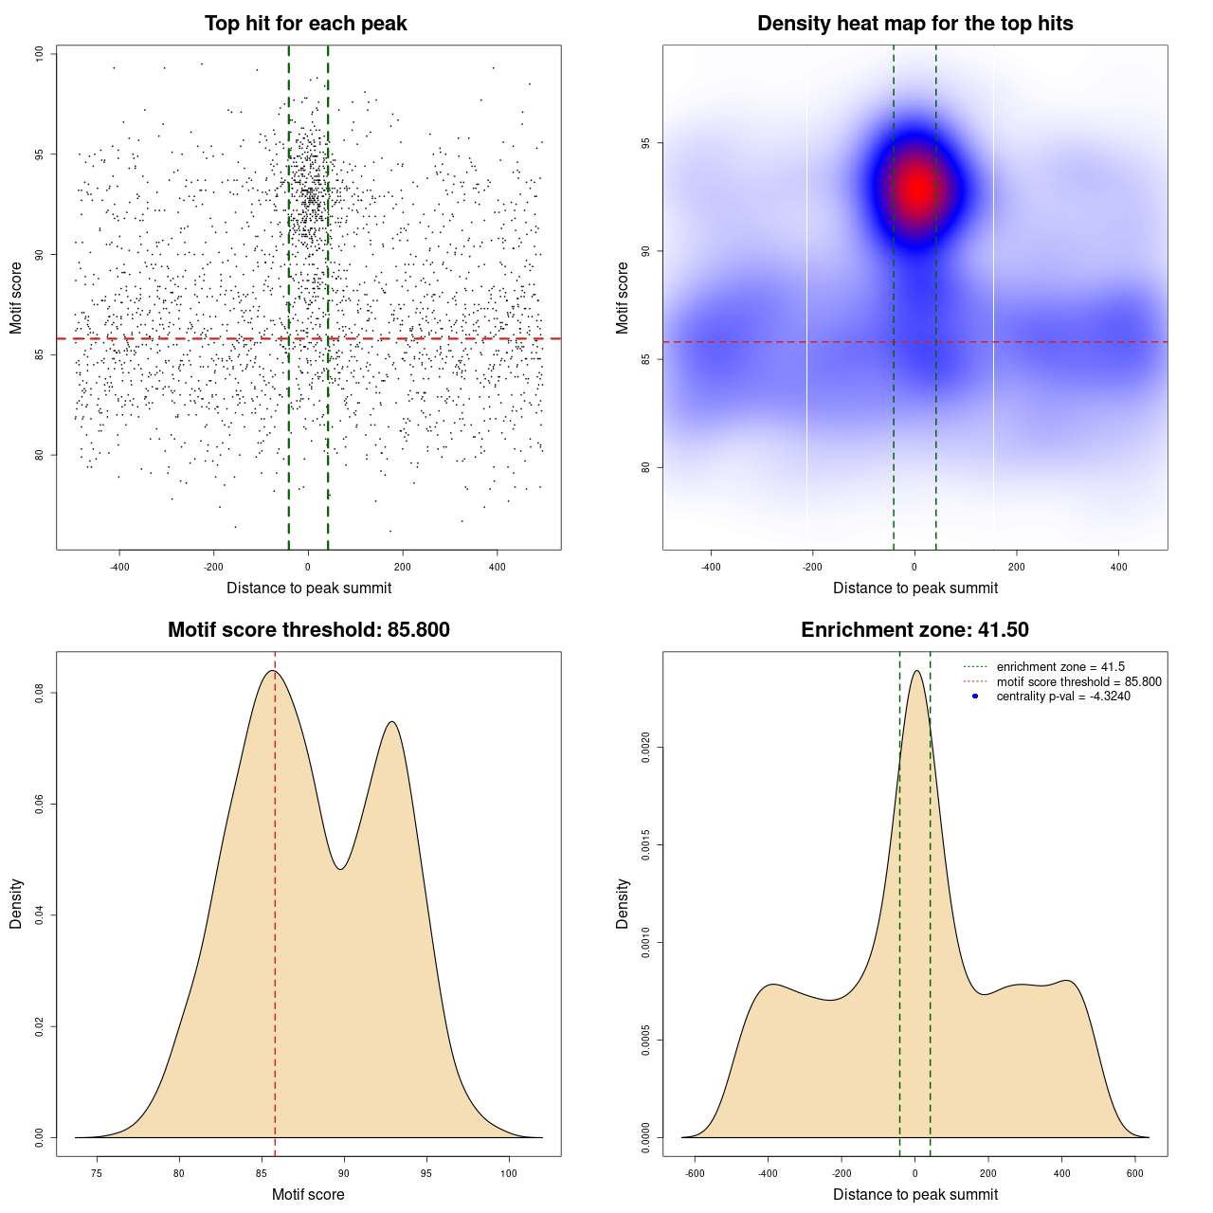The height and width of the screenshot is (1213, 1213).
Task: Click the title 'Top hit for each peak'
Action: coord(305,24)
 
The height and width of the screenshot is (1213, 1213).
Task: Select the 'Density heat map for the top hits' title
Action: coord(914,24)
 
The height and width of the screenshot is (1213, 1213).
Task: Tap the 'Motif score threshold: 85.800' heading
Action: coord(308,630)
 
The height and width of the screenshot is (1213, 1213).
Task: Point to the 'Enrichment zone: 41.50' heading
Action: coord(914,630)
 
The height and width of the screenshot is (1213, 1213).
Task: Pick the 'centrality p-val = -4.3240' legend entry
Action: coord(1063,697)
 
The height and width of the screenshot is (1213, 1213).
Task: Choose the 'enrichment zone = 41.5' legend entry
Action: coord(1060,667)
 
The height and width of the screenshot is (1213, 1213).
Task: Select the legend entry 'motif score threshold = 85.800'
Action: coord(1078,681)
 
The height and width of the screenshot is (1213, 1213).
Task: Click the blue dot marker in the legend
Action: coord(975,697)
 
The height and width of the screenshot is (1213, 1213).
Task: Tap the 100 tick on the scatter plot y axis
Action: coord(40,54)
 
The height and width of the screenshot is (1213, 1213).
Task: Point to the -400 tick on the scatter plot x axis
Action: coord(119,567)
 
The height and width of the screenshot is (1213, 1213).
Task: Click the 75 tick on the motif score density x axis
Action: coord(96,1173)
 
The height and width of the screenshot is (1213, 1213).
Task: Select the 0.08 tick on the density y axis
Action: coord(40,694)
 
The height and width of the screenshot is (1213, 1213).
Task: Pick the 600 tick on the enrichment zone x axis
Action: coord(1135,1173)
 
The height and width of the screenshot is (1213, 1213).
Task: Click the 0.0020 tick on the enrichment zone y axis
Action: coord(646,748)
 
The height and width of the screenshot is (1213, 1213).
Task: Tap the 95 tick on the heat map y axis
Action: coord(646,143)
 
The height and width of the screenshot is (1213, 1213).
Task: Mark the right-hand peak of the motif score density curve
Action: coord(391,722)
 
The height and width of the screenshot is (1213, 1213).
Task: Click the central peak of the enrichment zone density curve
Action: coord(915,671)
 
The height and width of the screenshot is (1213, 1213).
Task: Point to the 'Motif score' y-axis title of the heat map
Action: coord(623,298)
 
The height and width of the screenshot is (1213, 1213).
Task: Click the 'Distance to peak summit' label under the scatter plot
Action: coord(309,588)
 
